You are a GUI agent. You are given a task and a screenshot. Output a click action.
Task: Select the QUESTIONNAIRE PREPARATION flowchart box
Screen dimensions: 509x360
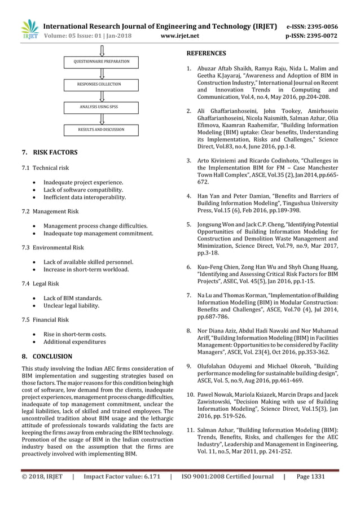pos(102,61)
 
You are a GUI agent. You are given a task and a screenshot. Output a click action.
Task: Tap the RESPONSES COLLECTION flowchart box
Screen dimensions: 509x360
pos(102,84)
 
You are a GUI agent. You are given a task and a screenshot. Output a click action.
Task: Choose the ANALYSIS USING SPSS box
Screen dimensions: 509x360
pos(102,107)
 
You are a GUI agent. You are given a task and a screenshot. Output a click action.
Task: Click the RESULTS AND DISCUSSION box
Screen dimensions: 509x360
pos(102,130)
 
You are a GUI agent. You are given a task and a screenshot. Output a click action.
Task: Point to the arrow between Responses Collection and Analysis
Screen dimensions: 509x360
pos(102,95)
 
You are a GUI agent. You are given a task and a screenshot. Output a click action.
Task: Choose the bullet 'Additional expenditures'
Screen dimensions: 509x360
pos(74,341)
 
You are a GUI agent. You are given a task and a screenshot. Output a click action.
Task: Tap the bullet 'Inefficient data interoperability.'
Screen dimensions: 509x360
pos(85,198)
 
